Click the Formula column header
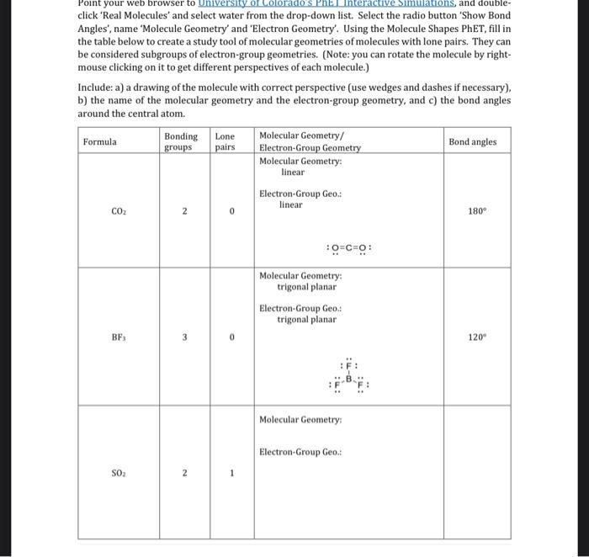[100, 142]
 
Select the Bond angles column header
[472, 142]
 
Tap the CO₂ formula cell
[119, 212]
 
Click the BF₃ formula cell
[119, 337]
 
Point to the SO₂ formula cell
[119, 473]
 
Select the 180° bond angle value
[476, 211]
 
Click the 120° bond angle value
[477, 337]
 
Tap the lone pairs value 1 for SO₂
[231, 473]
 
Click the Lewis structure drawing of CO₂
[349, 248]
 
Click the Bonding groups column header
[181, 141]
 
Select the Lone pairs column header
[226, 141]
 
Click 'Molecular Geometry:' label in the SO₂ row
[300, 420]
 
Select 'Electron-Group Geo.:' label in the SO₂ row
[300, 453]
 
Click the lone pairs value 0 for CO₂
[231, 212]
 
